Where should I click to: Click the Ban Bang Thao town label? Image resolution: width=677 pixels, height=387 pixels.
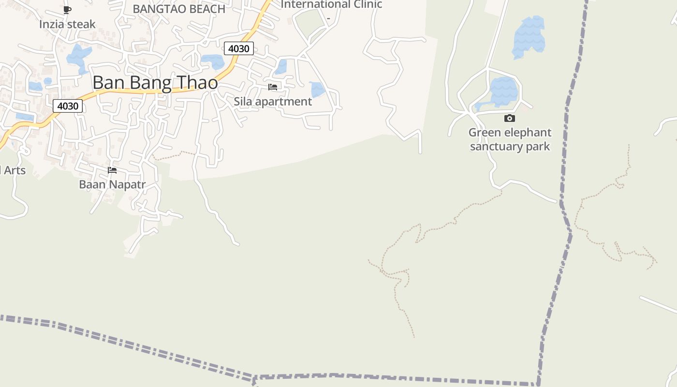tap(155, 83)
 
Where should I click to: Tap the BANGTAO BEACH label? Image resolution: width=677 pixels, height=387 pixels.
tap(179, 9)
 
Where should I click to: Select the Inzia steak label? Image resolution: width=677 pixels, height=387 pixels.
tap(67, 24)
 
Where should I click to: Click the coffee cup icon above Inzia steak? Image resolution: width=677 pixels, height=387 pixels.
tap(67, 10)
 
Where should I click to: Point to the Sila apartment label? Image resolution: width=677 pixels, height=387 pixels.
tap(273, 102)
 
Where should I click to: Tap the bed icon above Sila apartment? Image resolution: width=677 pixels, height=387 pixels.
tap(273, 87)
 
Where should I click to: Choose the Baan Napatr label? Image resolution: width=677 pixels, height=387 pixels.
tap(112, 184)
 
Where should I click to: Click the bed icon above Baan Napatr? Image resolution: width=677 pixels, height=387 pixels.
tap(112, 170)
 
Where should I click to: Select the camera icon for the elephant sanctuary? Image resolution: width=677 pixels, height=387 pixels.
tap(510, 119)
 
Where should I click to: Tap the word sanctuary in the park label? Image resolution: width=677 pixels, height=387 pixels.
tap(497, 147)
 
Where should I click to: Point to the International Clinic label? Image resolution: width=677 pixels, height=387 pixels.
tap(331, 5)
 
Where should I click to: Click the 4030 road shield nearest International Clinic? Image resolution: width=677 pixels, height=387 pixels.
tap(239, 48)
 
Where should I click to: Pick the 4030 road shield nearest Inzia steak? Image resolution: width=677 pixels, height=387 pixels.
tap(68, 106)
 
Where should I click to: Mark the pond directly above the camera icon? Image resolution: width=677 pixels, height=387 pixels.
tap(503, 91)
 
